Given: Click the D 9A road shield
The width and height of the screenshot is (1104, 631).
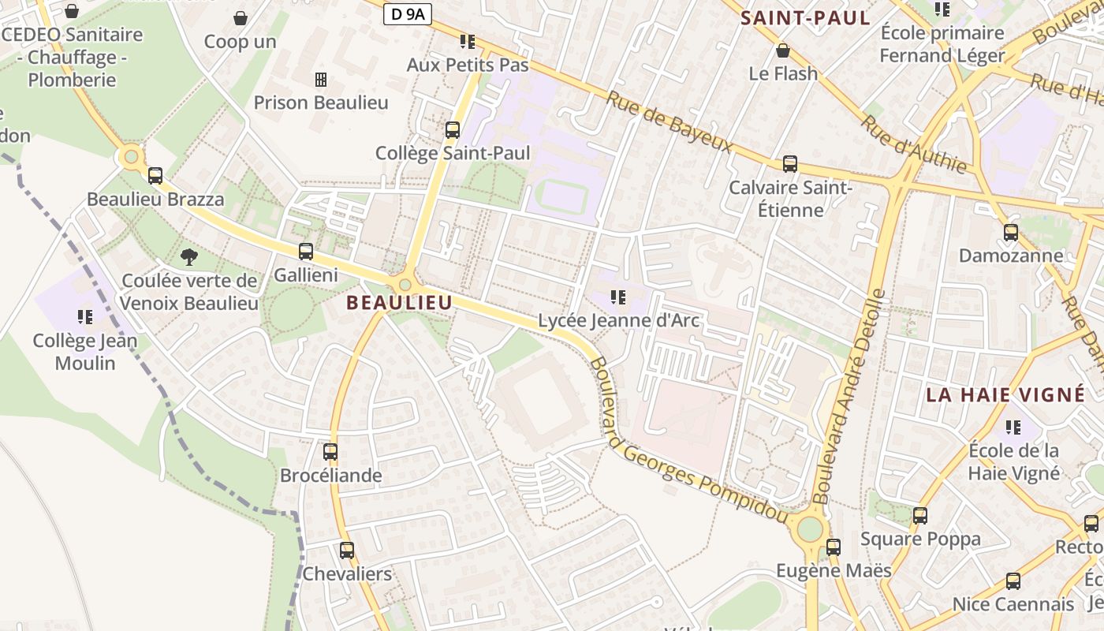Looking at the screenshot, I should click(408, 13).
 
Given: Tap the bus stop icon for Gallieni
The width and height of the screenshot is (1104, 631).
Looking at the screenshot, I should click(306, 252).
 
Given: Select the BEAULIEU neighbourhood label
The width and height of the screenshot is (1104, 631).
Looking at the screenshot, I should click(400, 302).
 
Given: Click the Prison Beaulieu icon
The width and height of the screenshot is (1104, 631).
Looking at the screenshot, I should click(321, 79).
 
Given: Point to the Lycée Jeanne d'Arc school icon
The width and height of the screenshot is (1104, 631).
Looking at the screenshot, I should click(618, 297).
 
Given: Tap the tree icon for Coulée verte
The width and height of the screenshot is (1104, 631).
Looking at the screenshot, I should click(188, 256).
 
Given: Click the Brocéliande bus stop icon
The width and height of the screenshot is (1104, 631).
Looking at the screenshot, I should click(330, 452).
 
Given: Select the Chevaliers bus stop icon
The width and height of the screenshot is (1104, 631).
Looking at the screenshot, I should click(347, 551).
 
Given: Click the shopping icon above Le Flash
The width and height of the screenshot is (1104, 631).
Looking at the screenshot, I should click(783, 50).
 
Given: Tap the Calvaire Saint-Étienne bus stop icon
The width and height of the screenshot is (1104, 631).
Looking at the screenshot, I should click(790, 164).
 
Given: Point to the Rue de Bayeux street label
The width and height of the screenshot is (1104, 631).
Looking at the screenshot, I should click(669, 122).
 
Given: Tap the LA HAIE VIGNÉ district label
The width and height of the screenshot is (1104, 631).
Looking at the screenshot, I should click(1005, 394).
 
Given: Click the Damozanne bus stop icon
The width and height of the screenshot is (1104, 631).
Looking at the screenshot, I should click(1011, 233).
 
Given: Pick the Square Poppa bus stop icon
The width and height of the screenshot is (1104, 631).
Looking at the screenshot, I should click(920, 516).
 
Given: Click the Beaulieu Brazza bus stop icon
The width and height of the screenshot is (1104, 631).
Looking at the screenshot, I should click(155, 176).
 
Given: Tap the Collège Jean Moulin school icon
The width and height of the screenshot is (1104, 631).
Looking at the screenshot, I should click(85, 317).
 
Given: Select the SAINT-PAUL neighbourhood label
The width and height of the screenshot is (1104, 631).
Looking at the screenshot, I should click(805, 18).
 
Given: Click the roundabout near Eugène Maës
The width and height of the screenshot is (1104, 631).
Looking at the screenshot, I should click(810, 528).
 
